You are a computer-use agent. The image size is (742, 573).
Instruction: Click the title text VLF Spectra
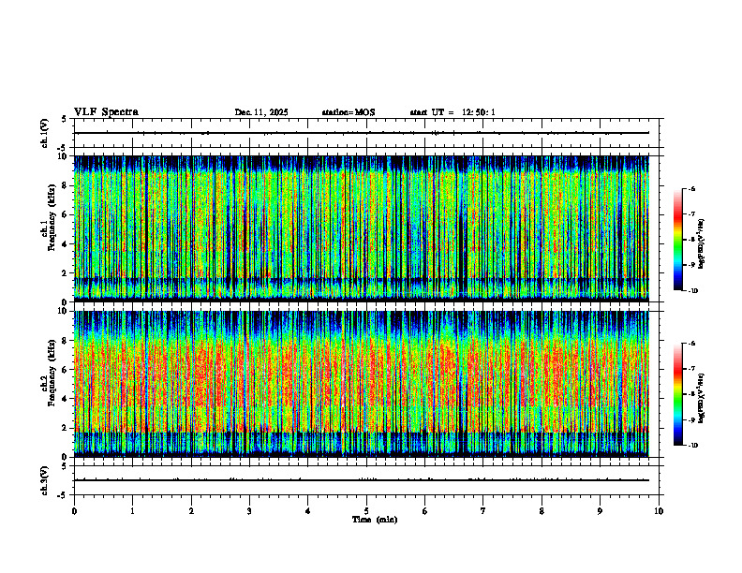point(106,112)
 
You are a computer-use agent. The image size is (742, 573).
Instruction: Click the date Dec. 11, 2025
point(261,112)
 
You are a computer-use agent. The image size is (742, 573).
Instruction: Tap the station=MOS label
point(348,112)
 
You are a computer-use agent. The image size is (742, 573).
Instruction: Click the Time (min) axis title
point(374,519)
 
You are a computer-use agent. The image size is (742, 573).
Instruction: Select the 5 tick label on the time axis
point(366,510)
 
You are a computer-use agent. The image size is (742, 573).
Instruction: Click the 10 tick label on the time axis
point(659,510)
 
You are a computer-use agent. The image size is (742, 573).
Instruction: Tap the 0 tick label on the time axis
point(74,510)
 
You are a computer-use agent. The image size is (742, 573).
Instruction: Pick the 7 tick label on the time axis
point(483,510)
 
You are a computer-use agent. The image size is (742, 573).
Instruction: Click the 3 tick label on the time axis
point(249,510)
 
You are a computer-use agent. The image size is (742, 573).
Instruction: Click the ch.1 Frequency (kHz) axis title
point(50,227)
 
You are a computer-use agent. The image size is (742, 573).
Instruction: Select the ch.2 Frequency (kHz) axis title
point(50,382)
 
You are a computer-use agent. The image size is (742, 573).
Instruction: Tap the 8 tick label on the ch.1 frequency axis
point(64,185)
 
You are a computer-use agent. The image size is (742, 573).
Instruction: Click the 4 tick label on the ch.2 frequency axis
point(64,399)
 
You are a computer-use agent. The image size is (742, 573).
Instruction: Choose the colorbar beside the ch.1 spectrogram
point(676,240)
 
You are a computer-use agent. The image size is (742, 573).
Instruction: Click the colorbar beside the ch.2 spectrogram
point(676,394)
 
